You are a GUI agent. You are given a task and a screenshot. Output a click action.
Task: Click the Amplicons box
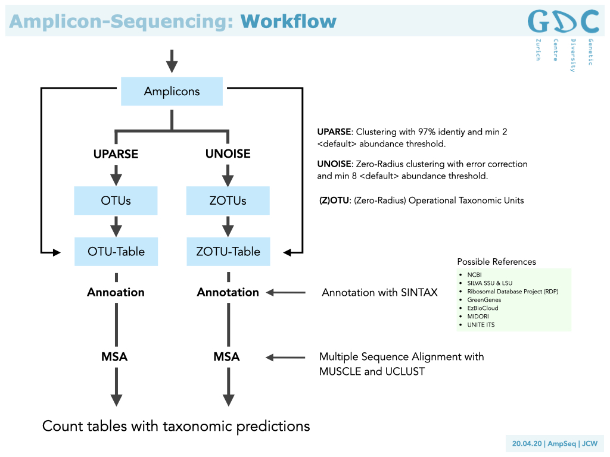click(x=172, y=92)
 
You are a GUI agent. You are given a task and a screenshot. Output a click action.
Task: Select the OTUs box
click(x=116, y=201)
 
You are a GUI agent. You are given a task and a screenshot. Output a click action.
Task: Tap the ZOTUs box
click(x=228, y=201)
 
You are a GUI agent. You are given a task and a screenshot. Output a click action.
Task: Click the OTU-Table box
click(x=116, y=251)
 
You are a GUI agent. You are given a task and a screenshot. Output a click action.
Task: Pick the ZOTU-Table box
click(x=228, y=251)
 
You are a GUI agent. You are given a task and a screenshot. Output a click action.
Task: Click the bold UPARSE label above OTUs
click(x=116, y=154)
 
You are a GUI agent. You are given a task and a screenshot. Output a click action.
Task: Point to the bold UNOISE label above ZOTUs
click(x=228, y=154)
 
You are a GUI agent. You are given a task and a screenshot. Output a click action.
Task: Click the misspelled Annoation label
click(x=116, y=292)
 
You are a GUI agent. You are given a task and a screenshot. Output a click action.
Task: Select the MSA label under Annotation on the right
click(x=226, y=357)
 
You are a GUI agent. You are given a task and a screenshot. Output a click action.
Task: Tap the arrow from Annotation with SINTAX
click(x=286, y=292)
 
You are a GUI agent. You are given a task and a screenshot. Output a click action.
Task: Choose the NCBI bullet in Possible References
click(x=475, y=274)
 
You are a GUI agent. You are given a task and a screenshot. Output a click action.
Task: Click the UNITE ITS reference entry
click(x=481, y=325)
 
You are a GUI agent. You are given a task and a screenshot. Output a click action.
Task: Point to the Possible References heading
click(x=496, y=262)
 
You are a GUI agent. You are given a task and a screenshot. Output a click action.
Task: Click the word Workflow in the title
click(x=288, y=22)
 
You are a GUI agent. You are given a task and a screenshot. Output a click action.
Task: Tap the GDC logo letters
click(x=562, y=21)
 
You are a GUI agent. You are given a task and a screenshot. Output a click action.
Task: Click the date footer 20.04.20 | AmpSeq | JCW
click(x=555, y=444)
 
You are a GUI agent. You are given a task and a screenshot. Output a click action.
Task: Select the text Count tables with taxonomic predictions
click(x=176, y=426)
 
